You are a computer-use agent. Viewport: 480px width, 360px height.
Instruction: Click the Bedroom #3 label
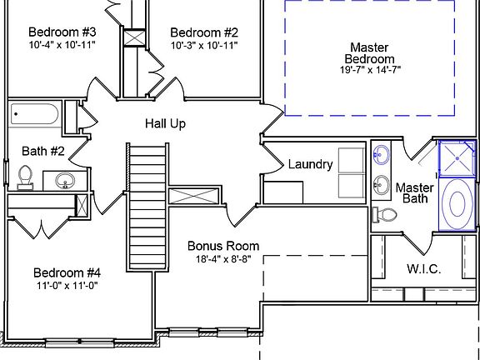coord(62,32)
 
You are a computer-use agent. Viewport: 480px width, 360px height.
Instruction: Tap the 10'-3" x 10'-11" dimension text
coord(204,46)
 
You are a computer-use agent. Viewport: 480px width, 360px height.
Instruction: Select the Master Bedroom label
coord(369,53)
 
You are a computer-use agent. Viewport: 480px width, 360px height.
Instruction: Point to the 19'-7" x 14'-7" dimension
coord(370,70)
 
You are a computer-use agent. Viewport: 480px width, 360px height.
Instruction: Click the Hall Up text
coord(165,124)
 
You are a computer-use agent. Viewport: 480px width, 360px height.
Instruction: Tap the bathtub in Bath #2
coord(34,114)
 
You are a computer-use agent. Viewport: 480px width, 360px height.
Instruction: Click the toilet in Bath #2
coord(25,177)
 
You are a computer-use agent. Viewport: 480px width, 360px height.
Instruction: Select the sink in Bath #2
coord(65,181)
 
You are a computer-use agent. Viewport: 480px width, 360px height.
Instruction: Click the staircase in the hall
coord(147,207)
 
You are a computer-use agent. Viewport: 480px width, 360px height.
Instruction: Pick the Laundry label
coord(310,165)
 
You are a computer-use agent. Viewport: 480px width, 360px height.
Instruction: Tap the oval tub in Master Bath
coord(457,204)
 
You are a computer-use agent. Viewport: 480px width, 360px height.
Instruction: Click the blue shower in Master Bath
coord(457,158)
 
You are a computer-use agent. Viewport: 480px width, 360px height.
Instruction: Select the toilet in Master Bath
coord(384,215)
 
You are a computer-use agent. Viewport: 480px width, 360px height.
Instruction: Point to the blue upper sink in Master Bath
coord(382,152)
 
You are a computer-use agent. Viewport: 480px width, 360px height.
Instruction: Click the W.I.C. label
coord(424,269)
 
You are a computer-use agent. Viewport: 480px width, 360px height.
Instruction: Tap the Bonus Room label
coord(223,246)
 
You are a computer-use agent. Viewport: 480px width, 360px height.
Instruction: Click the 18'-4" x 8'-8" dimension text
coord(223,259)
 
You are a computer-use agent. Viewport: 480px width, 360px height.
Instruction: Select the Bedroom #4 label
coord(67,272)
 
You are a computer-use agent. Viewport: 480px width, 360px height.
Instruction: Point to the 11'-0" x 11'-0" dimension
coord(67,286)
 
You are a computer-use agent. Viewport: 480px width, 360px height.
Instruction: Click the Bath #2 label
coord(43,151)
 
